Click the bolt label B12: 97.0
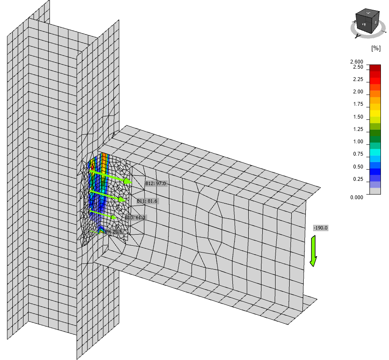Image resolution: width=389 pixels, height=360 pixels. coord(155,183)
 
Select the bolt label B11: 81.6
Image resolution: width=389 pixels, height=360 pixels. coord(147,201)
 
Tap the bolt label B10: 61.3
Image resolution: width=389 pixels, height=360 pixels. coord(135,218)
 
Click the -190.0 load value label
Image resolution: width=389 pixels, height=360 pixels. coord(320,228)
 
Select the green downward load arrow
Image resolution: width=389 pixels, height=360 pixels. coord(314,252)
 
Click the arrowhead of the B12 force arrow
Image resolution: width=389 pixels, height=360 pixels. coord(128,182)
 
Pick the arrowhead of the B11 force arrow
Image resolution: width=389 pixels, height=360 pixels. coord(122,199)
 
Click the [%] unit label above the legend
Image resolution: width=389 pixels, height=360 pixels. coord(375,49)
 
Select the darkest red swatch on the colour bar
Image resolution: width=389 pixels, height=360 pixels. coord(375,68)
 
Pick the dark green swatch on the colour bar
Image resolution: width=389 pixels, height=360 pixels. coord(375,133)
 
